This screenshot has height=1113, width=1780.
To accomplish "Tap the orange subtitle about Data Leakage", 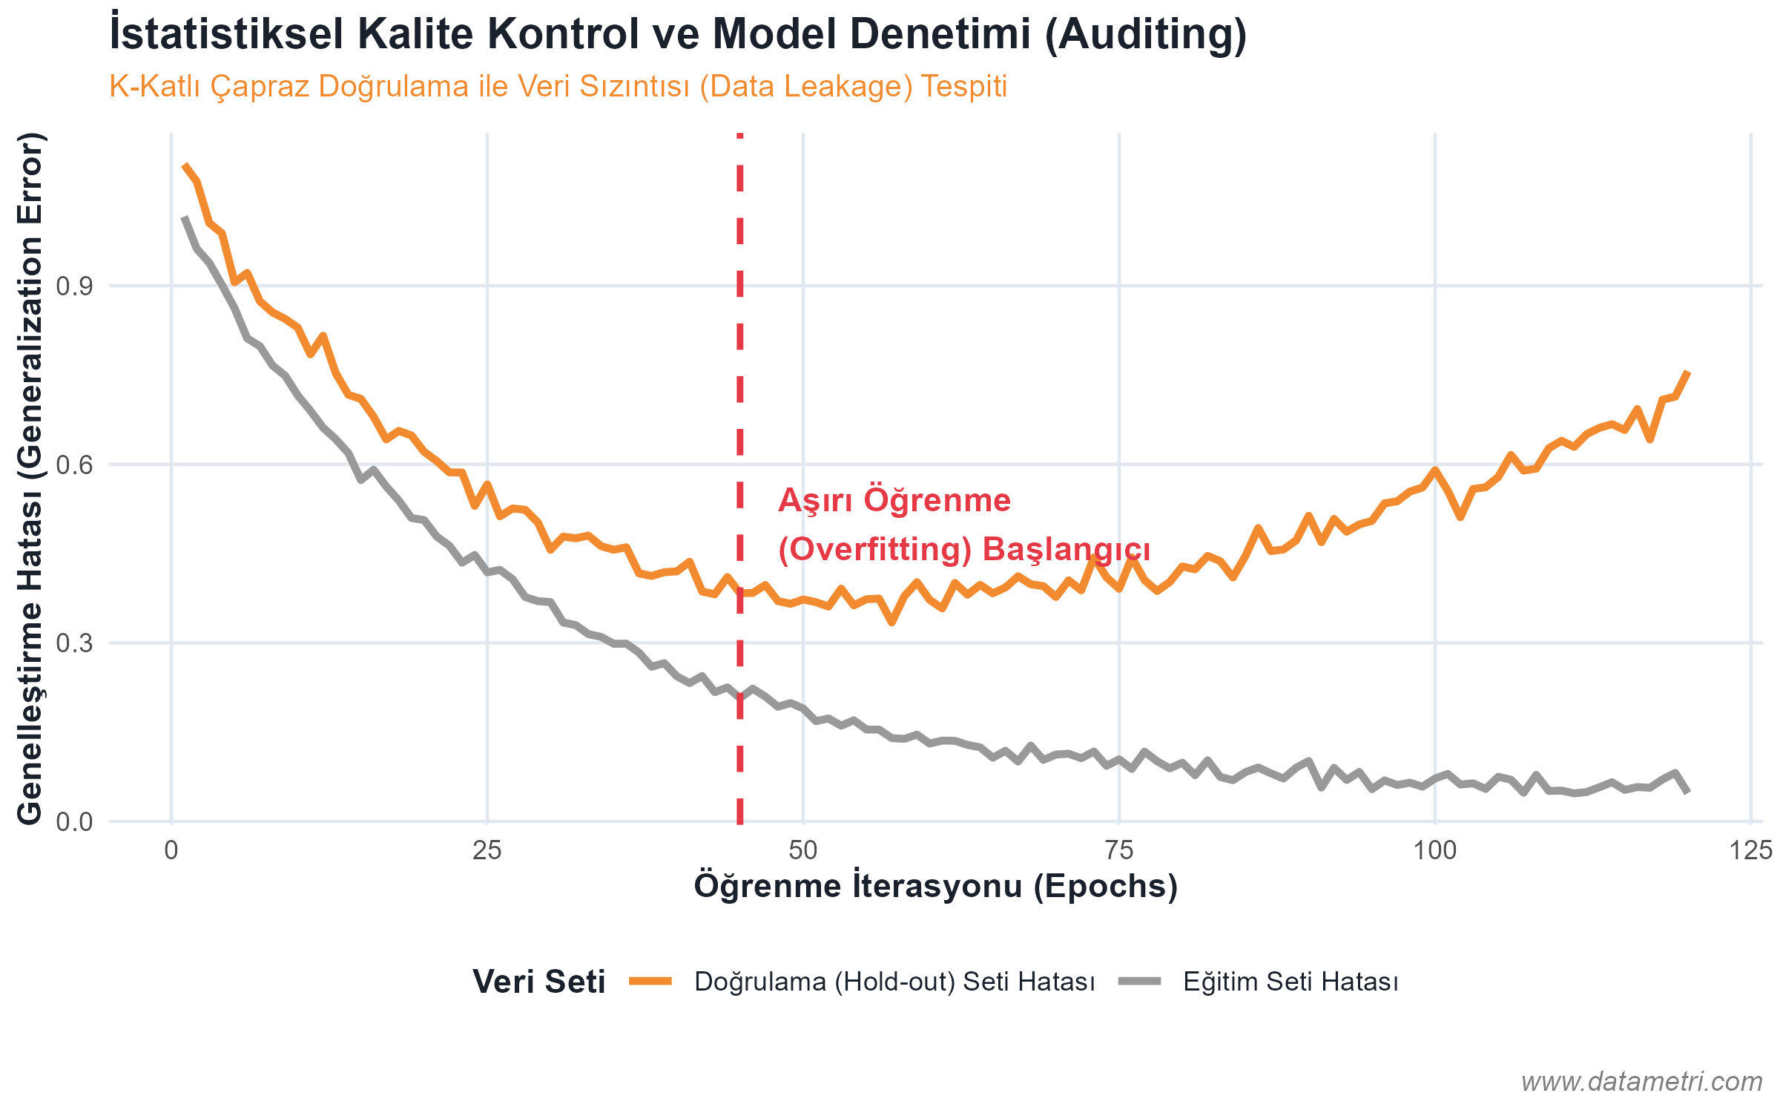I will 558,87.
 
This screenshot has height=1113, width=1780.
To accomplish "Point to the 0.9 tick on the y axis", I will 74,286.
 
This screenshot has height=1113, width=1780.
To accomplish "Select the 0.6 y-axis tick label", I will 74,465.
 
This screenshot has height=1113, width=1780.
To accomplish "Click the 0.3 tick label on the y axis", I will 74,643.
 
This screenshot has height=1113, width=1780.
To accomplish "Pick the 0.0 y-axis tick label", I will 74,822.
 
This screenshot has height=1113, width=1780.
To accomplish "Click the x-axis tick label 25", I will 487,850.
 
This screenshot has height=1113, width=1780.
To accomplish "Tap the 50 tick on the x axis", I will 803,850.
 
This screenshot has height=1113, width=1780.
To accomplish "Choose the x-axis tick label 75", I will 1119,850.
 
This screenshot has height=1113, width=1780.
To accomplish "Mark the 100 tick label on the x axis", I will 1434,850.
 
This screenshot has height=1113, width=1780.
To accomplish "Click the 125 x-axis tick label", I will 1750,850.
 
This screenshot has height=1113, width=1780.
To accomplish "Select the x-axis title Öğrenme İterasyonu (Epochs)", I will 936,886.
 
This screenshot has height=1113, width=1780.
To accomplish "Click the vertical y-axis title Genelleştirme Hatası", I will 31,479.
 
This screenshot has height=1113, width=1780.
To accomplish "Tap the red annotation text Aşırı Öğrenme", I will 894,500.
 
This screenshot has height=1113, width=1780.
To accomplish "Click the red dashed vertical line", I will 740,371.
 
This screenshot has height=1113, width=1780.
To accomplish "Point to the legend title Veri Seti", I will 539,982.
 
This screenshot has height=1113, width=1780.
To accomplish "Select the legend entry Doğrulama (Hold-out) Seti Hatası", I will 894,982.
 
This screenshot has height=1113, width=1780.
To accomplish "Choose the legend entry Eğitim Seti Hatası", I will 1290,982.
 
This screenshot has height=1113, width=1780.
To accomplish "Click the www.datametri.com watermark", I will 1641,1082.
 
